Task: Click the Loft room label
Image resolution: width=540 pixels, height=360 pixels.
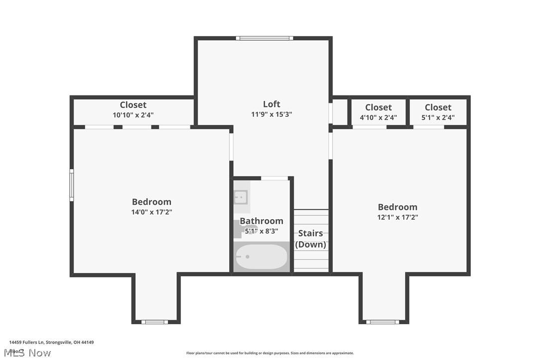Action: tap(271, 104)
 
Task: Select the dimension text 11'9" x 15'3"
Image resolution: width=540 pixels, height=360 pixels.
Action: tap(271, 114)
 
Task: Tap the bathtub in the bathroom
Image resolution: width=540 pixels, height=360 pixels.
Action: tap(262, 257)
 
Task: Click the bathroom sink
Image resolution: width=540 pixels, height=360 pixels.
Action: tap(241, 197)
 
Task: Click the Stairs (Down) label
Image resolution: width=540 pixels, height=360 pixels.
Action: tap(311, 239)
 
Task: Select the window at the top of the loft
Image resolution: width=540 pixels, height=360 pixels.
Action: tap(264, 38)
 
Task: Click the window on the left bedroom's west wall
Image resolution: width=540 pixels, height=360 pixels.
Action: tap(72, 185)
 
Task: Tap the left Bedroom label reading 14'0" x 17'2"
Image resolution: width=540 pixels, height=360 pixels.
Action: tap(152, 202)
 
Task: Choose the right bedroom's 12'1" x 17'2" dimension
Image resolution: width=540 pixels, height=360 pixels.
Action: tap(397, 217)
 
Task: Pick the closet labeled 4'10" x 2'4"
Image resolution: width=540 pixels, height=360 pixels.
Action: tap(378, 112)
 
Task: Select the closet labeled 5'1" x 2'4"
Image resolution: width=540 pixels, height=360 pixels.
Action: tap(438, 112)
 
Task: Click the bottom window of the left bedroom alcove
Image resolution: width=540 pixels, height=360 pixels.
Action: tap(155, 322)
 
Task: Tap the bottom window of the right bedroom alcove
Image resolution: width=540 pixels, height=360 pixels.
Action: tap(383, 322)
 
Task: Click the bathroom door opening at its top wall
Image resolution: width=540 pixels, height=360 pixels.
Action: tap(274, 178)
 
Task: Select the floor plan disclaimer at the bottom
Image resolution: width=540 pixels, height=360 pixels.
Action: tap(270, 353)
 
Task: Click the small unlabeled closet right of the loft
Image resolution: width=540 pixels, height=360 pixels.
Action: tap(340, 112)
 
